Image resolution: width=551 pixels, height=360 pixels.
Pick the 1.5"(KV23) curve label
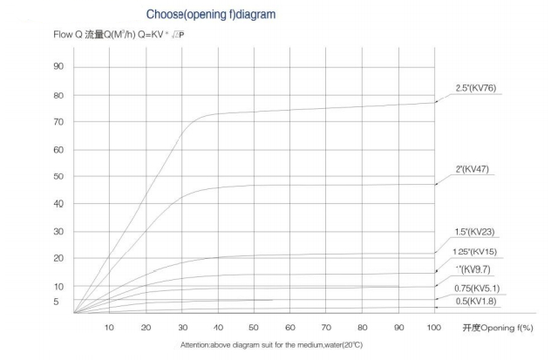[475, 231]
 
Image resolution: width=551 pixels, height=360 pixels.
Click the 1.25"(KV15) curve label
[476, 252]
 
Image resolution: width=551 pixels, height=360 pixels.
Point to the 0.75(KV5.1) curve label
[477, 288]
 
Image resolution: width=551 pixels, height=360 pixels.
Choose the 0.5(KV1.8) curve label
[475, 301]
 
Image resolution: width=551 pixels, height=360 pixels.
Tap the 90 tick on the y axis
[58, 66]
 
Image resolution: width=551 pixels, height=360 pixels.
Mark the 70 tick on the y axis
[58, 122]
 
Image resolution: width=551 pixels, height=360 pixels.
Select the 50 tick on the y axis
[58, 177]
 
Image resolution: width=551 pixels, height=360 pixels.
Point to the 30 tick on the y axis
[58, 231]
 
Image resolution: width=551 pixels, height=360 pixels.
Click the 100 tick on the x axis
[434, 327]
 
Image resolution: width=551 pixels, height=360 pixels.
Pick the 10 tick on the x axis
[110, 327]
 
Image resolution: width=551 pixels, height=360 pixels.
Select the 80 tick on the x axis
[363, 327]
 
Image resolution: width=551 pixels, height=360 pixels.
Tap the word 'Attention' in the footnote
[196, 346]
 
